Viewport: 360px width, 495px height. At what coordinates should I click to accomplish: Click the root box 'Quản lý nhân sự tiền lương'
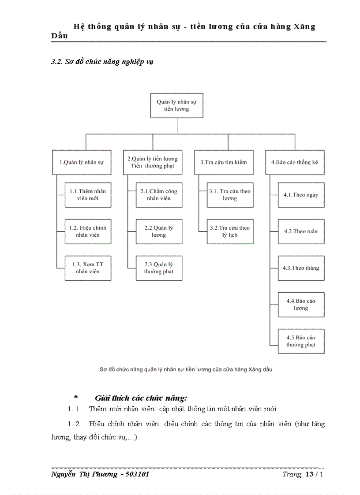coord(176,105)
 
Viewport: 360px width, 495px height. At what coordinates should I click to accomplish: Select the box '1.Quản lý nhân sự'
coord(82,162)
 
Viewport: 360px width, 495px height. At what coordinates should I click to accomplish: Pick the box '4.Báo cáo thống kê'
coord(294,162)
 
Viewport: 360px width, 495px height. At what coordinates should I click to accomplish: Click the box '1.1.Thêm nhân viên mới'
coord(88,195)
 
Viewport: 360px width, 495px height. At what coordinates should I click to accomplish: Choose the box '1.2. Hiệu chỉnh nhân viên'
coord(88,231)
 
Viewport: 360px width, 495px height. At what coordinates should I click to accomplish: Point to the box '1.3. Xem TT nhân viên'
coord(88,268)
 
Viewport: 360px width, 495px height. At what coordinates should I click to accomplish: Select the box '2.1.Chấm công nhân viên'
coord(159,195)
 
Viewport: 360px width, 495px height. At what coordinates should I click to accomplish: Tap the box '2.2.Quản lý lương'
coord(159,231)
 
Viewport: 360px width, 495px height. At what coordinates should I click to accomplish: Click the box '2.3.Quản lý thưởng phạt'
coord(159,268)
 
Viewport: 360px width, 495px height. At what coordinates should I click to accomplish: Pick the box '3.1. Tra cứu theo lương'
coord(230,195)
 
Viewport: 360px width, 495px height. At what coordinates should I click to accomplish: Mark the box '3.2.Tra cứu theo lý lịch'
coord(230,231)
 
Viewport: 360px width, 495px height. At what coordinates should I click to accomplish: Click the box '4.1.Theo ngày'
coord(301,195)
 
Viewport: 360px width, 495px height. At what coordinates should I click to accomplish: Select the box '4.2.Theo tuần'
coord(301,231)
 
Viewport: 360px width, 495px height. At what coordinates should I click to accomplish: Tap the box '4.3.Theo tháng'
coord(301,268)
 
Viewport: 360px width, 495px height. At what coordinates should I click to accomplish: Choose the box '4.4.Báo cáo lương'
coord(301,305)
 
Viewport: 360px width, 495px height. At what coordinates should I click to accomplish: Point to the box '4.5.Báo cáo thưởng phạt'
coord(301,341)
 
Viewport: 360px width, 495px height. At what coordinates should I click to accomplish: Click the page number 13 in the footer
coord(309,474)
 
